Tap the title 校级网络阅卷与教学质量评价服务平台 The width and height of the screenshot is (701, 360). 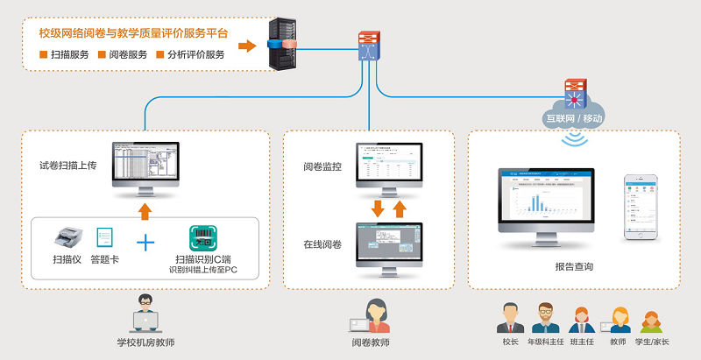click(134, 34)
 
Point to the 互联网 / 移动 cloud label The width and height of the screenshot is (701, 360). click(575, 117)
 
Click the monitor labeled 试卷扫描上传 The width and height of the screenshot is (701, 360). click(145, 166)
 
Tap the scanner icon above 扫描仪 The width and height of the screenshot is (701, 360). click(68, 237)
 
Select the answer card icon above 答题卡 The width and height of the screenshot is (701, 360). click(105, 237)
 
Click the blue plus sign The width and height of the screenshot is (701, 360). click(145, 241)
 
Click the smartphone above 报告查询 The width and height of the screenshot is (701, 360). click(641, 206)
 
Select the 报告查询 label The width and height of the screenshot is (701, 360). click(573, 266)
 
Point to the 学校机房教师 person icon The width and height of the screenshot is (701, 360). click(145, 311)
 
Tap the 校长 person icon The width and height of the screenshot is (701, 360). click(511, 317)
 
